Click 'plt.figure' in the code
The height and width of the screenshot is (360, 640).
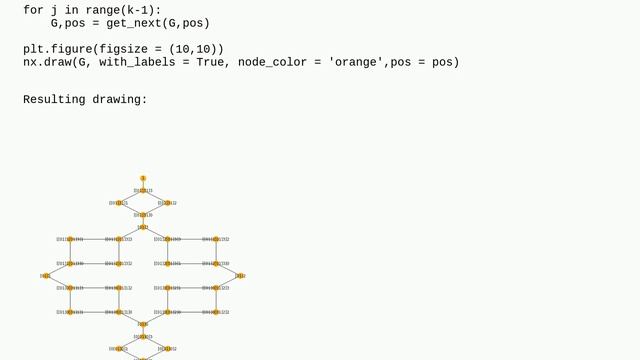tap(62, 49)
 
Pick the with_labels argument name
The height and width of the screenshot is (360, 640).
tap(140, 62)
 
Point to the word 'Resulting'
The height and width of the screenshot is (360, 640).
tap(58, 100)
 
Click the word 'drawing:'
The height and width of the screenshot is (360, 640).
tap(124, 100)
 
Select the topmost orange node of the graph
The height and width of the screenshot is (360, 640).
tap(143, 178)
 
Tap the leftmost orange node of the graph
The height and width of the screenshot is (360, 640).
tap(46, 276)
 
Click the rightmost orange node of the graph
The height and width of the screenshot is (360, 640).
tap(240, 276)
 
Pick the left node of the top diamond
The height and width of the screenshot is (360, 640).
tap(119, 203)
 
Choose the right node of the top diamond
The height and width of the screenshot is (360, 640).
tap(167, 203)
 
